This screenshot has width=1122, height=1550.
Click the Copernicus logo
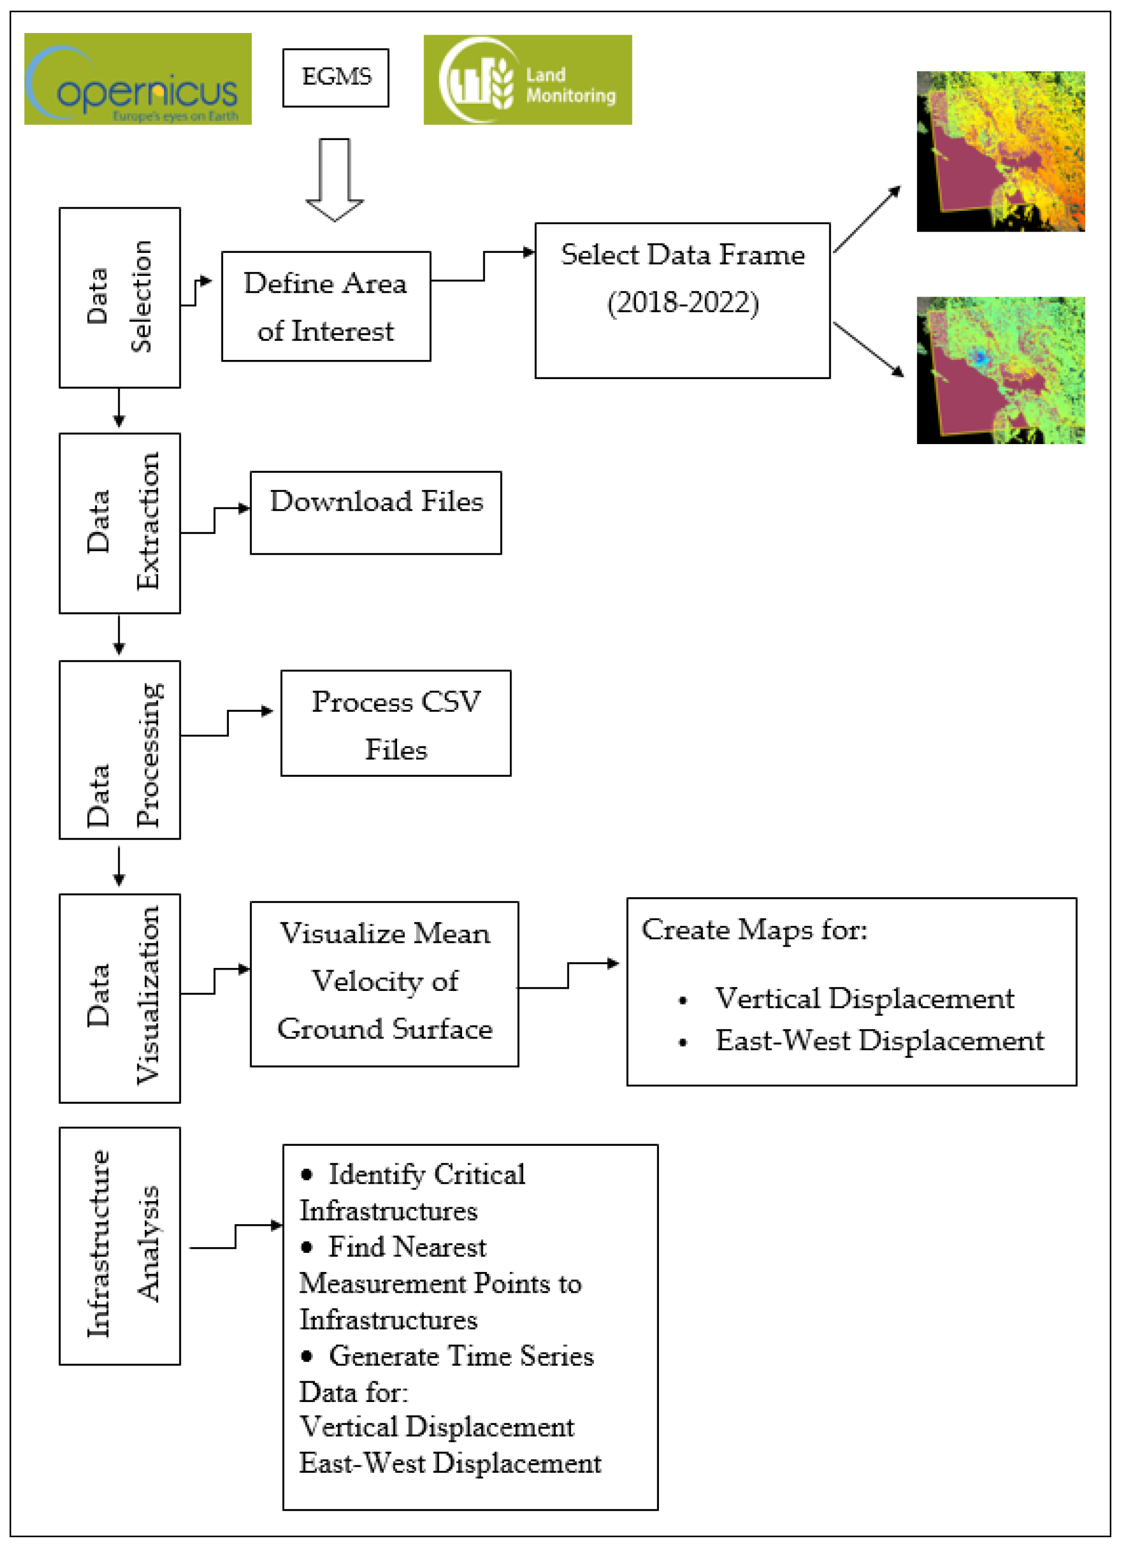pyautogui.click(x=137, y=79)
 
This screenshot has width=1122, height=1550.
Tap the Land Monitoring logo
pyautogui.click(x=527, y=79)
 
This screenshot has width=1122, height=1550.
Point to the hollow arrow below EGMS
pyautogui.click(x=334, y=179)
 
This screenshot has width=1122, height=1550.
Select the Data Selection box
pyautogui.click(x=120, y=297)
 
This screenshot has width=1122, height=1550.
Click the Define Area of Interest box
pyautogui.click(x=326, y=306)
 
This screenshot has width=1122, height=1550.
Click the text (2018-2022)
pyautogui.click(x=683, y=303)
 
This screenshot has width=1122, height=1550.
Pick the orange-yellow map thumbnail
pyautogui.click(x=1000, y=151)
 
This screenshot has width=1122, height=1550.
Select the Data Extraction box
pyautogui.click(x=120, y=523)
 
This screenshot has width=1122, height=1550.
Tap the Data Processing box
pyautogui.click(x=120, y=749)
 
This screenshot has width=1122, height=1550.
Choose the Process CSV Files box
pyautogui.click(x=395, y=723)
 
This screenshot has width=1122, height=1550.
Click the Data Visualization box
pyautogui.click(x=120, y=997)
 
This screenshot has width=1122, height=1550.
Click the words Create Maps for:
pyautogui.click(x=754, y=930)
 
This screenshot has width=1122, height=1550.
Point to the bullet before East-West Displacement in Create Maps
pyautogui.click(x=682, y=1042)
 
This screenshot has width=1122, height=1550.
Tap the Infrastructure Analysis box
pyautogui.click(x=120, y=1245)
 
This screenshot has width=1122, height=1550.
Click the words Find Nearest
pyautogui.click(x=407, y=1247)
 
